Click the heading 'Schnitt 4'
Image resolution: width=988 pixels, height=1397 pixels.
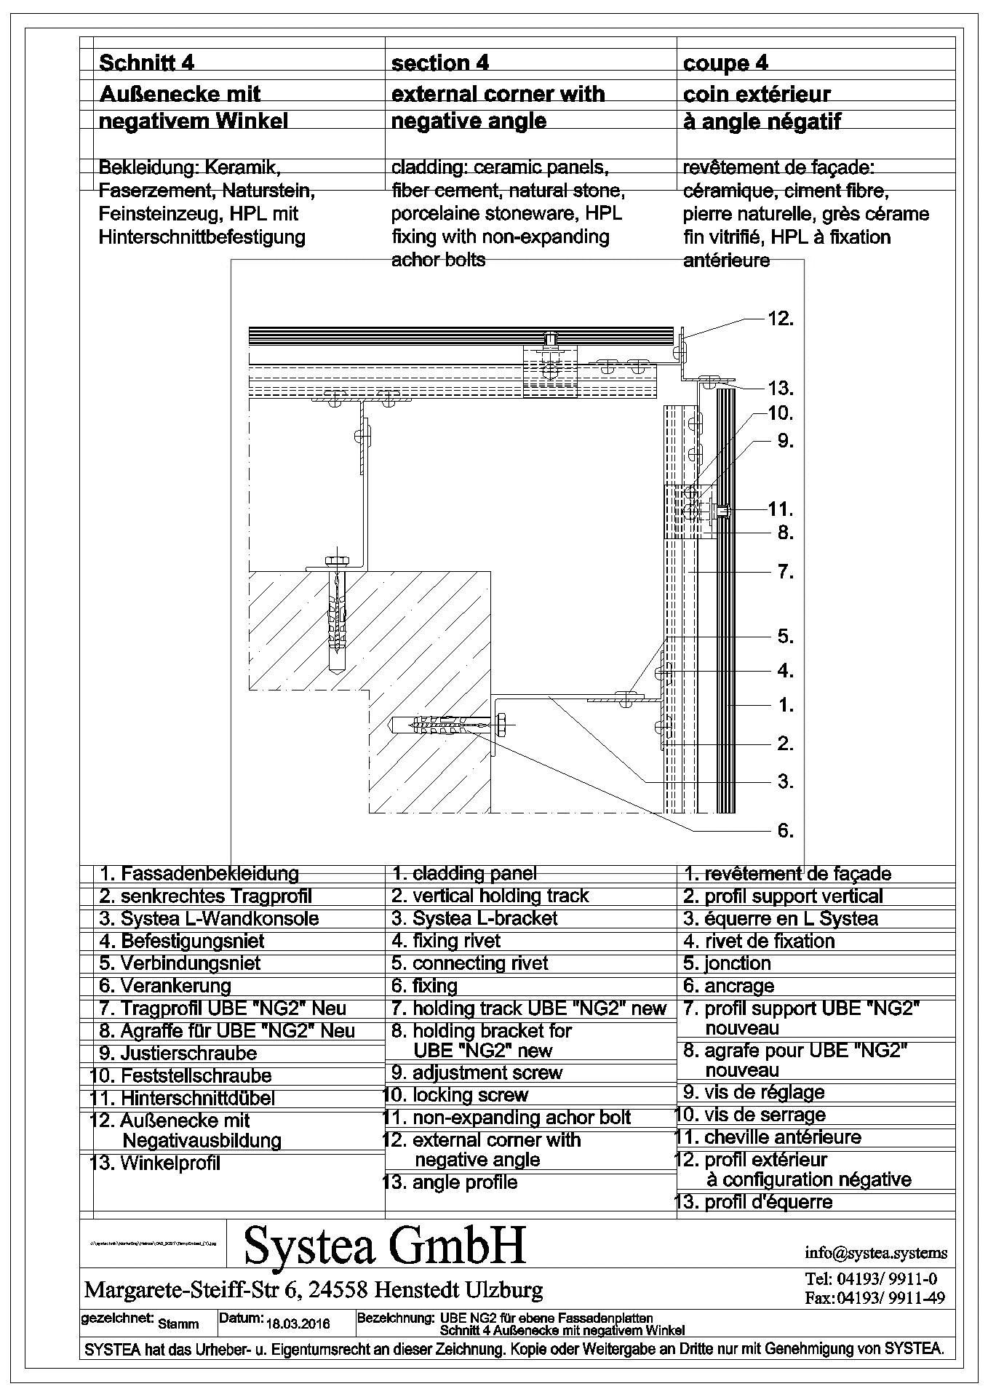(146, 63)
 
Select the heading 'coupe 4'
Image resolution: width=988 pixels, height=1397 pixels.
(725, 64)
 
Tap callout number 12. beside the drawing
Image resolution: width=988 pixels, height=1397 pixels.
(780, 319)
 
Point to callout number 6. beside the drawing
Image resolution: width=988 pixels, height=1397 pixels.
(785, 830)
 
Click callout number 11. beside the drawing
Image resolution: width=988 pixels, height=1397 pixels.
(780, 509)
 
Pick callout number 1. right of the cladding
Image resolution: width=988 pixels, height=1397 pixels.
(785, 705)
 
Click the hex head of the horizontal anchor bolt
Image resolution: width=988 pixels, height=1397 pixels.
(502, 725)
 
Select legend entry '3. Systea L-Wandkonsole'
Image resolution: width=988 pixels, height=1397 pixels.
(209, 918)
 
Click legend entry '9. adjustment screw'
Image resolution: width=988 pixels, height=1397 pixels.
(477, 1072)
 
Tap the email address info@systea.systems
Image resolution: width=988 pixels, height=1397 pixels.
(876, 1253)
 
